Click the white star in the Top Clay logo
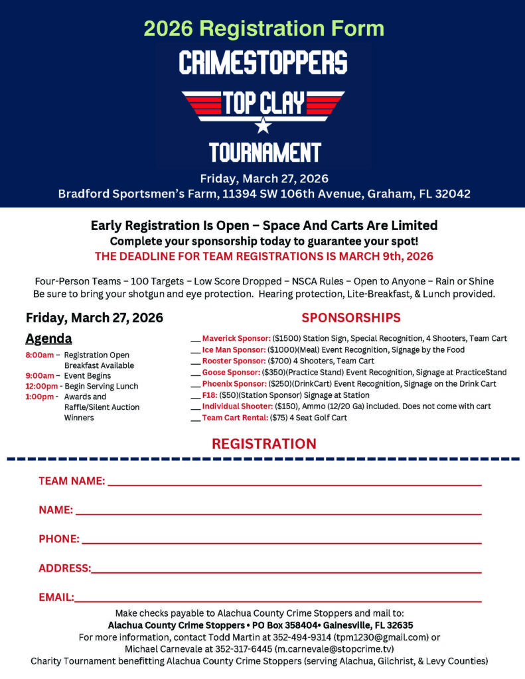coord(263,125)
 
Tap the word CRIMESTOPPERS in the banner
coord(263,63)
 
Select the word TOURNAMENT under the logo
coord(265,153)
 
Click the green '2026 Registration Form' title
coord(263,29)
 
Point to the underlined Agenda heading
coord(48,339)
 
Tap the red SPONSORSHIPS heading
coord(351,318)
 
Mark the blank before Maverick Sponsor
coord(196,339)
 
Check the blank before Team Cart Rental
coord(196,419)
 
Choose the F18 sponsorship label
coord(210,395)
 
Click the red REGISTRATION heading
coord(264,444)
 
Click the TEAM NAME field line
coord(294,484)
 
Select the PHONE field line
coord(281,542)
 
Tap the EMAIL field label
coord(56,597)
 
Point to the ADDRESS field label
coord(64,568)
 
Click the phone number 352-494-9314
coord(301,637)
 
